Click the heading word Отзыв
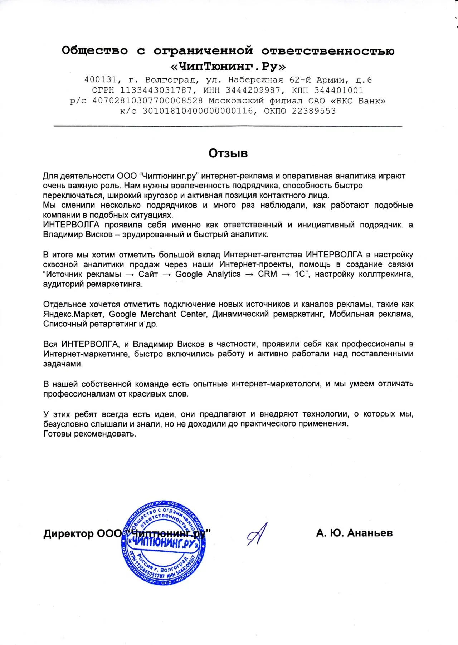click(228, 153)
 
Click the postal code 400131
click(101, 80)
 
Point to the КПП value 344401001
click(338, 90)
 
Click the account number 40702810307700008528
click(147, 100)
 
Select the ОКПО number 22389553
click(314, 111)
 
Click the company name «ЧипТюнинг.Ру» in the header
click(228, 67)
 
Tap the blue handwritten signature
click(257, 534)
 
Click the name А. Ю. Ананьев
click(354, 533)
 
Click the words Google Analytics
click(208, 274)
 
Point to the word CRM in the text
click(267, 274)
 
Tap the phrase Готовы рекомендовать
click(90, 434)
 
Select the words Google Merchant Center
click(157, 314)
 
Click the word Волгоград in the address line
click(171, 80)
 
